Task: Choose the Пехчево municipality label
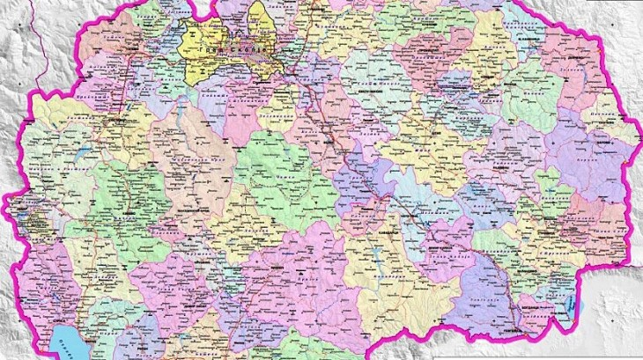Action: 608,140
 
